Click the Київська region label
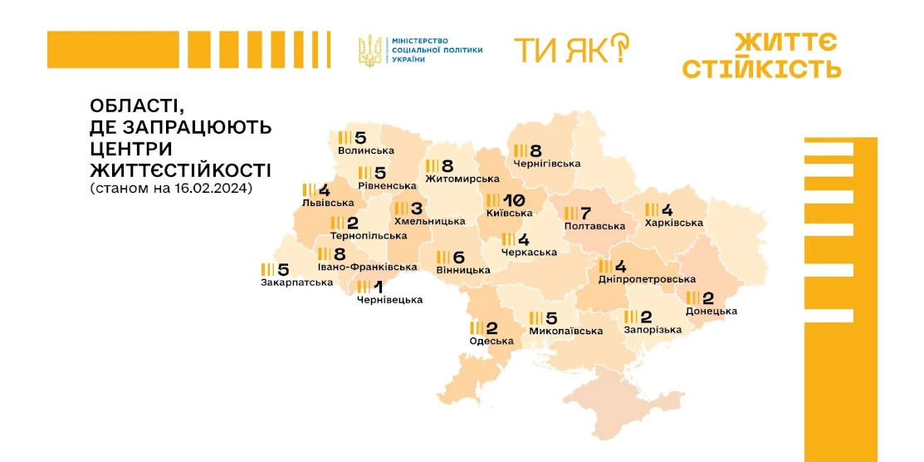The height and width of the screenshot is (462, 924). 510,213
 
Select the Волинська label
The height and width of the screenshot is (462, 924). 366,150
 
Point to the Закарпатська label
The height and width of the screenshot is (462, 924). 296,283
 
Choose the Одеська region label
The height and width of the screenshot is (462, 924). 491,341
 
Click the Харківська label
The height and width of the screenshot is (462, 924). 674,223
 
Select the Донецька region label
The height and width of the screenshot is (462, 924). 711,311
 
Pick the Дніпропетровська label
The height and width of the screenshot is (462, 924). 647,279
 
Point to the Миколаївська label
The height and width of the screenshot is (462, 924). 565,331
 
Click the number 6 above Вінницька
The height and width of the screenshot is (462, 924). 459,258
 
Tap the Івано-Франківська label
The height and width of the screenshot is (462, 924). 367,268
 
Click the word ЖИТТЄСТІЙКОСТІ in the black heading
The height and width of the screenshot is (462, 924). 180,170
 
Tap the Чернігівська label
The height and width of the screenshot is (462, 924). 547,164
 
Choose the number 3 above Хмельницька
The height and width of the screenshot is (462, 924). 417,209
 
